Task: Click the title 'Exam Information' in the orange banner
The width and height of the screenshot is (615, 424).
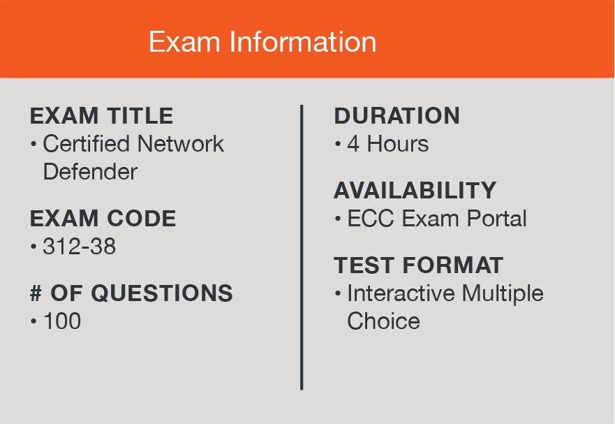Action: [x=262, y=42]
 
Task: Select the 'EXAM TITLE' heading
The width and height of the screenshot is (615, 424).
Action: [x=102, y=116]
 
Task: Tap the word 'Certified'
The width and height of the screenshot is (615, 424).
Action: [x=87, y=143]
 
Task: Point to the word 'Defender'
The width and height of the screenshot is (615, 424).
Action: [x=90, y=172]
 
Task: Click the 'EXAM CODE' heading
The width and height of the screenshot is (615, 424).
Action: [x=103, y=218]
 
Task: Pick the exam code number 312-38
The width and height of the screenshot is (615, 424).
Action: [x=79, y=247]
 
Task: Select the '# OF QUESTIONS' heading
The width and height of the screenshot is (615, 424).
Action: [x=131, y=293]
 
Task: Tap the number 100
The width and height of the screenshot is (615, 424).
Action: [x=62, y=321]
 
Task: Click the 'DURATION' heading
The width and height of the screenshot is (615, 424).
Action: [x=397, y=116]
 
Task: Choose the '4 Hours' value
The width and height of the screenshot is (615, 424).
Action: [x=388, y=144]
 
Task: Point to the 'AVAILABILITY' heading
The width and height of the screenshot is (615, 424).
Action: [x=415, y=191]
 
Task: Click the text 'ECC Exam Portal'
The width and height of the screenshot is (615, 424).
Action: [x=437, y=218]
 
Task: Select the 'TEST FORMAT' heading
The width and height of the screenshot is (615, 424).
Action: [x=419, y=265]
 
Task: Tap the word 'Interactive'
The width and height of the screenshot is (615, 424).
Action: [x=401, y=293]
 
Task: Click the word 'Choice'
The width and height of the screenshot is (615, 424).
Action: [x=384, y=321]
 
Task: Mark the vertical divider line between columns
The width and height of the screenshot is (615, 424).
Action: [x=302, y=247]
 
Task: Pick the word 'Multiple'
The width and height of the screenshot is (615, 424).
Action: [x=503, y=294]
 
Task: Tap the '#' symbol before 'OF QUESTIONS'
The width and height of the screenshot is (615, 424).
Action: [x=36, y=293]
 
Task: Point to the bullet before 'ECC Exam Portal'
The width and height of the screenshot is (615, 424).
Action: [x=338, y=219]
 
